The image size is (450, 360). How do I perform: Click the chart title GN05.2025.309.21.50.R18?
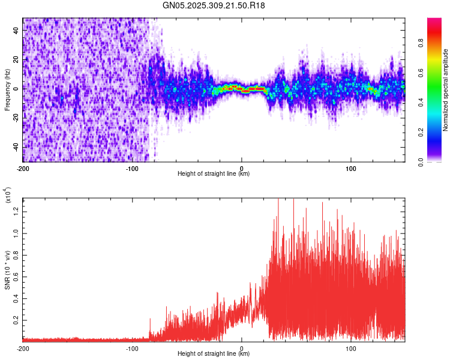214,5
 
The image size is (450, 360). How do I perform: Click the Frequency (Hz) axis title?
7,90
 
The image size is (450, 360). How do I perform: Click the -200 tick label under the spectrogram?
23,168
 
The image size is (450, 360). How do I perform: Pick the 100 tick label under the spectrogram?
350,168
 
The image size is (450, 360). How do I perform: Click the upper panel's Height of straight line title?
214,174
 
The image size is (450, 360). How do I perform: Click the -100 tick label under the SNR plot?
132,348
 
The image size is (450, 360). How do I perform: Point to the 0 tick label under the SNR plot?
241,348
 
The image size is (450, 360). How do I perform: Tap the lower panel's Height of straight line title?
214,354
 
